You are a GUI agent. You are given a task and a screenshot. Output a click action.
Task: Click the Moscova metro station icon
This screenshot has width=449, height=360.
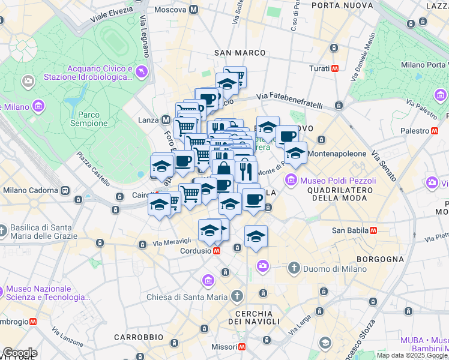193,10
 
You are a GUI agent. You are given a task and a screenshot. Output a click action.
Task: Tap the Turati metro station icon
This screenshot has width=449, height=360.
335,68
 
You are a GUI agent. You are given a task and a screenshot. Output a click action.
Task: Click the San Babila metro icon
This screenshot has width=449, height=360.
373,230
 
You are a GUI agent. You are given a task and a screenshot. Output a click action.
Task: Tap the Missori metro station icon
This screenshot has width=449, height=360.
242,347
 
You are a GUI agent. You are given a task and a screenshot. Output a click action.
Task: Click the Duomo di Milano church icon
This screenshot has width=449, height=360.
294,268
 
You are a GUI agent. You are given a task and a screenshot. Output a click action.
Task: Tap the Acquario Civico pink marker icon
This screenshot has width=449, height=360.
142,72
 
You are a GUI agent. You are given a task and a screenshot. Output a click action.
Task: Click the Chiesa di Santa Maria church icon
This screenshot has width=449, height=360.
237,296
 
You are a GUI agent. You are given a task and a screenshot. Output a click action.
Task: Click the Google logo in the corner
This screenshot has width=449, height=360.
19,353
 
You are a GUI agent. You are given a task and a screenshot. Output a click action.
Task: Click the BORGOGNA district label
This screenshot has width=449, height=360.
380,259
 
